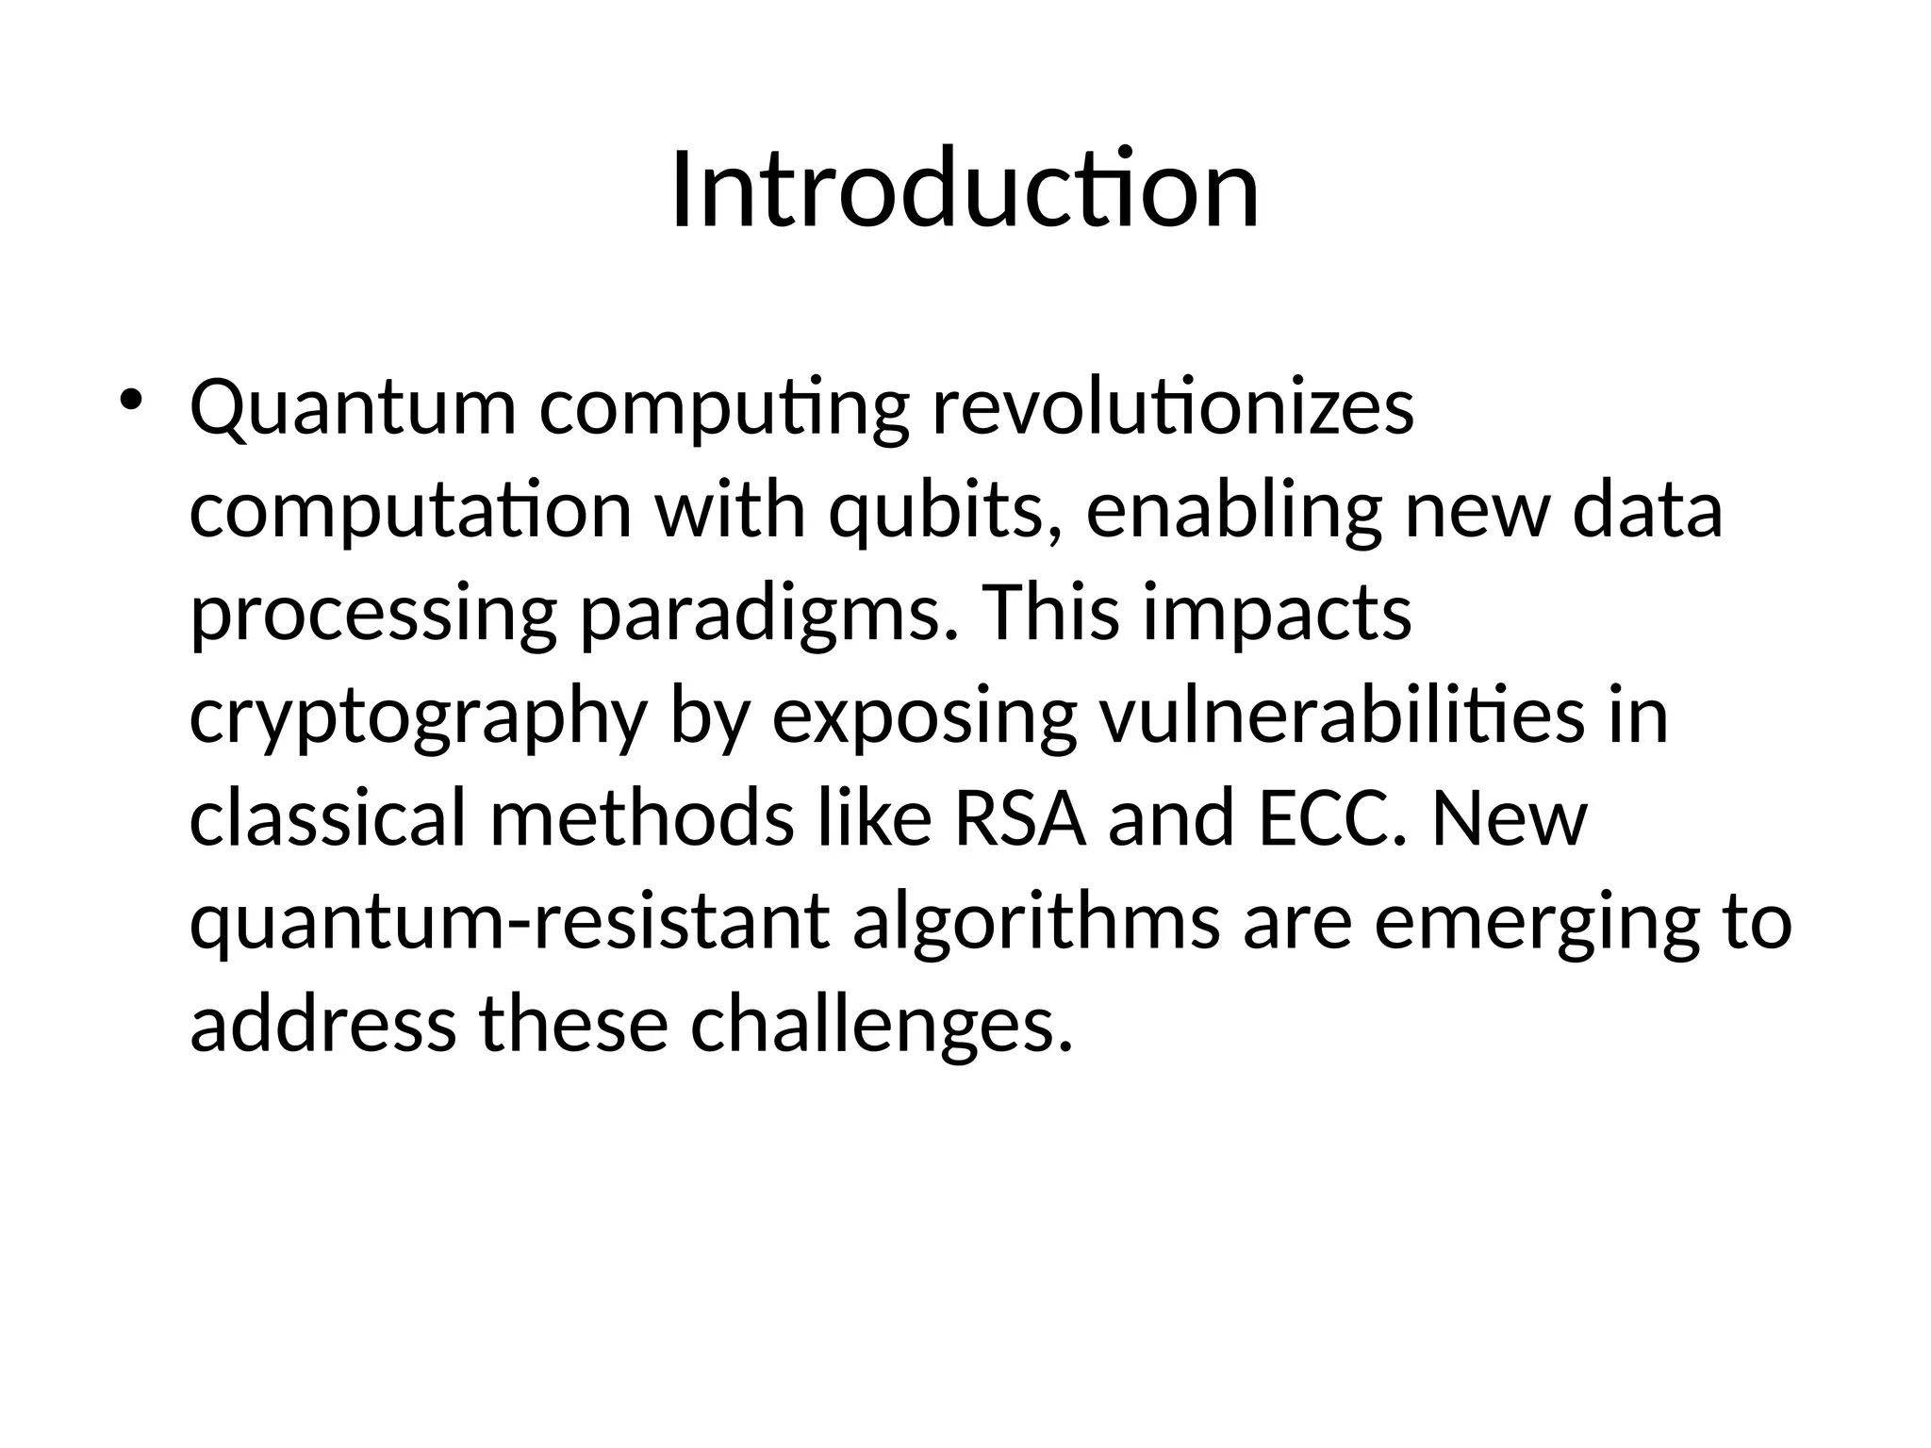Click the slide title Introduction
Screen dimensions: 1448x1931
[965, 190]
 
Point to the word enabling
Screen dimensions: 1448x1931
[1233, 511]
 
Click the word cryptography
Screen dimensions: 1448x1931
[418, 718]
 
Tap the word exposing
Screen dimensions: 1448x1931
[924, 718]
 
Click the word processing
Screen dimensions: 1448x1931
[373, 615]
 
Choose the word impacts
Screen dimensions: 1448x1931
[1278, 615]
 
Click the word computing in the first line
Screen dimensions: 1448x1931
[724, 409]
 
